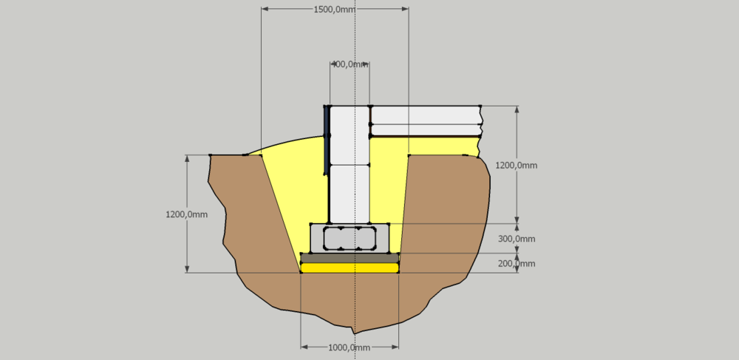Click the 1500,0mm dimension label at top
335,10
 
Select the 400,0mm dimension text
350,64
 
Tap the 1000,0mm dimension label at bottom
349,347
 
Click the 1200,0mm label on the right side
517,166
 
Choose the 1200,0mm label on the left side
186,214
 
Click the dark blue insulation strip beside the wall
325,140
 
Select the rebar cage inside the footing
350,238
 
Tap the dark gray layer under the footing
350,258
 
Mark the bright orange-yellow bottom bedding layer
350,268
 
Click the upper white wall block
349,135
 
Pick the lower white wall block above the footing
349,193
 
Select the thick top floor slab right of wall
425,115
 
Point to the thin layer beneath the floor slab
425,130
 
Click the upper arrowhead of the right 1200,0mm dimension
517,109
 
